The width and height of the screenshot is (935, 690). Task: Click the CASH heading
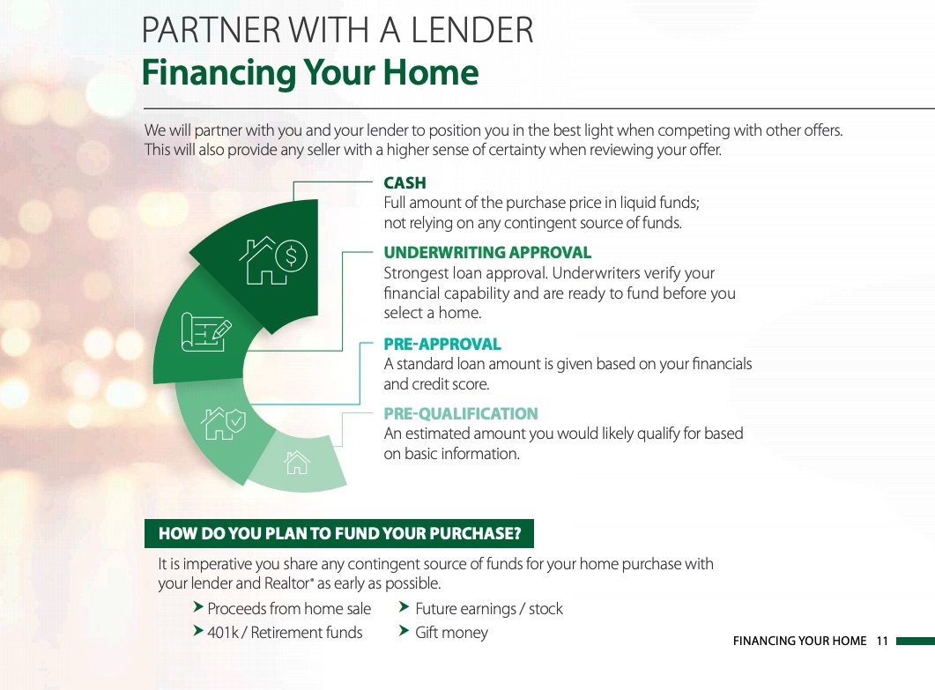pos(404,182)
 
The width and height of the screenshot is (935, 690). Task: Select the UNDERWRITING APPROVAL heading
pos(487,252)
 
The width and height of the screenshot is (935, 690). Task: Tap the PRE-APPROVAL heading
pos(442,344)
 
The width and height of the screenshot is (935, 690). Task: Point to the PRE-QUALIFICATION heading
pos(461,413)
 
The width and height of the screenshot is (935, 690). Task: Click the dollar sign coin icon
pos(291,256)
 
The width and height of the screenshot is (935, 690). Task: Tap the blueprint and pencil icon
pos(205,331)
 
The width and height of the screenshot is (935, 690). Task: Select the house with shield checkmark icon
pos(223,423)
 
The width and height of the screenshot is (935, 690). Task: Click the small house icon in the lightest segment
pos(297,462)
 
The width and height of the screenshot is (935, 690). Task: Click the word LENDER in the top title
pos(472,31)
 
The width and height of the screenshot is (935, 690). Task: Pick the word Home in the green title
pos(431,72)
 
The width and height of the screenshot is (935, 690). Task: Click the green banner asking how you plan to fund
pos(339,533)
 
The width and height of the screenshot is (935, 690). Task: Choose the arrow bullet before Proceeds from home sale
pos(198,607)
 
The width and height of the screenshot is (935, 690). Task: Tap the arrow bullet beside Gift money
pos(404,630)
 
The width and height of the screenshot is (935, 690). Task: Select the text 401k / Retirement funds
pos(285,632)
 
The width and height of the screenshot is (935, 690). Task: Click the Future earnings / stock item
pos(489,609)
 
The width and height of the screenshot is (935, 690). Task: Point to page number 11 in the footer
pos(882,642)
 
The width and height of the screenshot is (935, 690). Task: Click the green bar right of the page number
pos(916,642)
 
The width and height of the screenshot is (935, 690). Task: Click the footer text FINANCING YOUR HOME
pos(799,642)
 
